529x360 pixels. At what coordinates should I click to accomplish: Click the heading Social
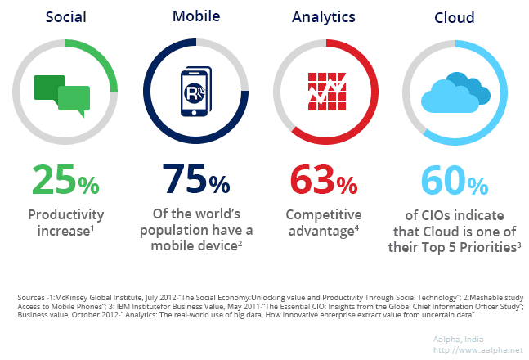(x=66, y=17)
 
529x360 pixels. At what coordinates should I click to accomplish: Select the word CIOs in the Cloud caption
(x=448, y=214)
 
